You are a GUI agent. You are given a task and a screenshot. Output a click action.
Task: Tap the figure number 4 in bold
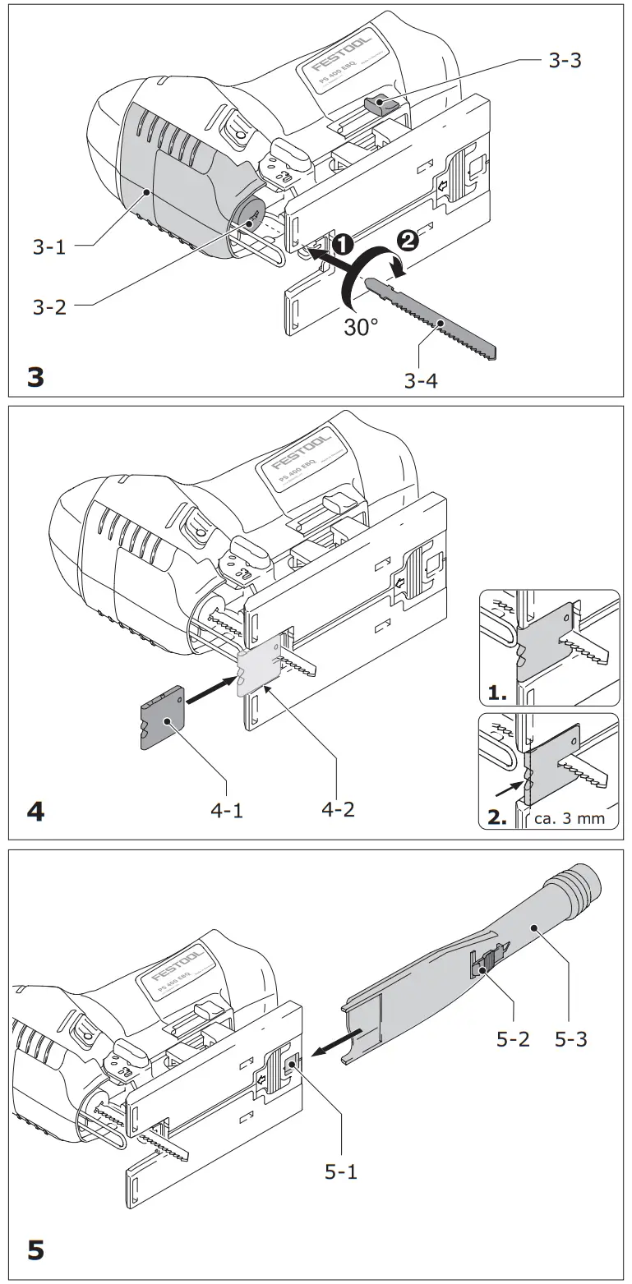[36, 812]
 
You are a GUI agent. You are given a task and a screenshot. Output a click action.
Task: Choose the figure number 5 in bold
[36, 1250]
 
